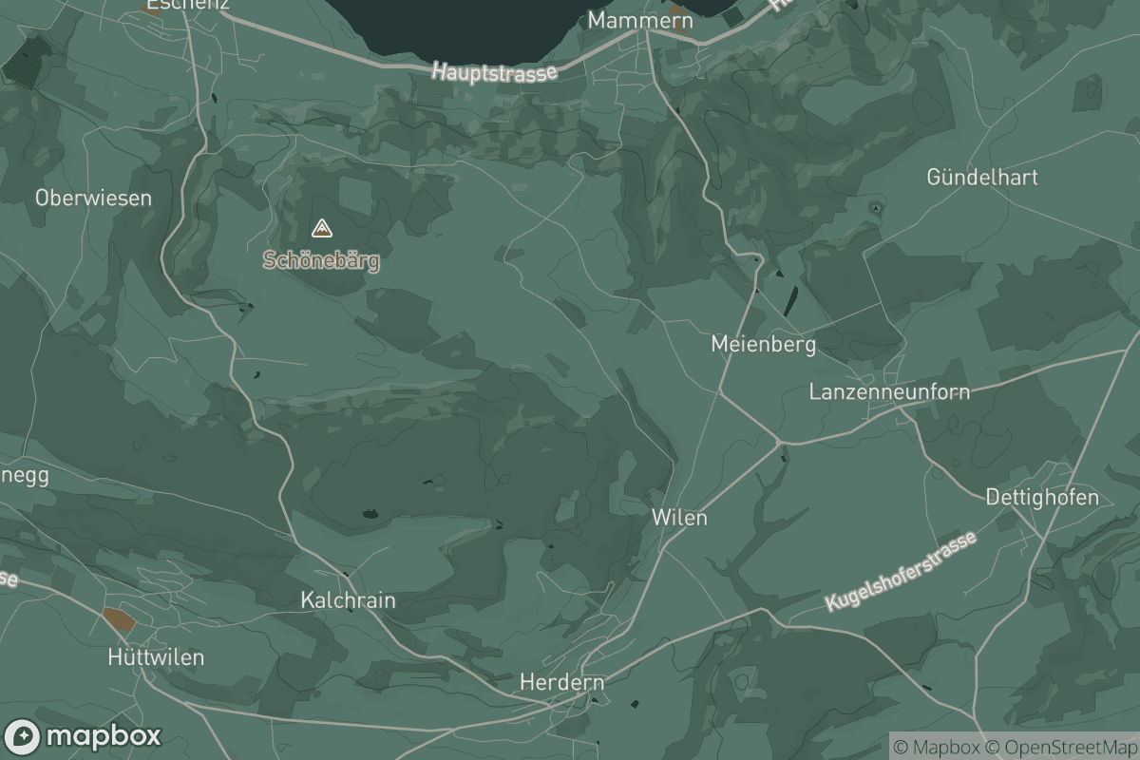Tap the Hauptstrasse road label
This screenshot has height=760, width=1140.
[494, 71]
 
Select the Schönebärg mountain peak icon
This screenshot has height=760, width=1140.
[322, 228]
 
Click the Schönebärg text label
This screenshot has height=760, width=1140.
[322, 261]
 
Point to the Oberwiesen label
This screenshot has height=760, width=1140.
[93, 198]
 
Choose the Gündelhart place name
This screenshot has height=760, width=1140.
[982, 177]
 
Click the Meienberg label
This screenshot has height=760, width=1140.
[763, 344]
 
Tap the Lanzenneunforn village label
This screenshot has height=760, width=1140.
[889, 391]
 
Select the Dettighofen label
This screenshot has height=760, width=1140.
[1042, 497]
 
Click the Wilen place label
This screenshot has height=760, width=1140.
[679, 518]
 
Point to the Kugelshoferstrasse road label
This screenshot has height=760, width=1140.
[900, 573]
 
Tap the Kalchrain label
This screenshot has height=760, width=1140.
[348, 600]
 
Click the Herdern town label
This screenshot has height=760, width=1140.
[561, 682]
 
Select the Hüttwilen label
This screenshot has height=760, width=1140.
[156, 657]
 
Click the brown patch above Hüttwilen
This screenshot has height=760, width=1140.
[119, 620]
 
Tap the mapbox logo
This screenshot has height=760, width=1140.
[84, 736]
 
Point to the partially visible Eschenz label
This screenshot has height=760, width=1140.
[187, 5]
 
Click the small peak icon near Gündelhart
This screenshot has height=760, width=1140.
[875, 206]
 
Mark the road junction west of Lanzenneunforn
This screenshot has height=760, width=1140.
[778, 442]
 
